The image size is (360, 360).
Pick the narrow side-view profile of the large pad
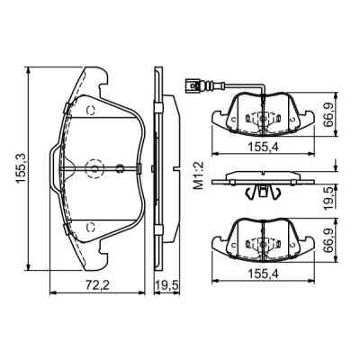tap(157, 168)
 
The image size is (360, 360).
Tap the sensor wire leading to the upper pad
tap(234, 87)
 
